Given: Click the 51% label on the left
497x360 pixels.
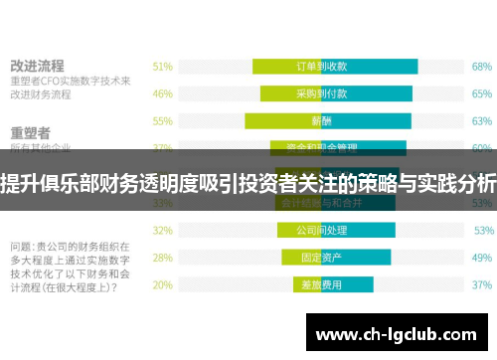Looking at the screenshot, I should click(163, 67).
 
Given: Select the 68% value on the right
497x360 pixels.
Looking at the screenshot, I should click(482, 67).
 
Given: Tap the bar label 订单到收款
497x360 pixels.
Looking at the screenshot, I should click(322, 67).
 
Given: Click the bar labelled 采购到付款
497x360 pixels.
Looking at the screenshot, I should click(322, 93).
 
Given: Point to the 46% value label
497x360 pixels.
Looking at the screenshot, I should click(163, 93).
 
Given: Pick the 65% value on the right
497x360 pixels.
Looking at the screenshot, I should click(482, 93).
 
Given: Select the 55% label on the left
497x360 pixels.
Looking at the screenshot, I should click(163, 120).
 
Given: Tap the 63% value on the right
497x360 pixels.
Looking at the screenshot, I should click(482, 120).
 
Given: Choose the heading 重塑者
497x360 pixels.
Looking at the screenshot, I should click(31, 133).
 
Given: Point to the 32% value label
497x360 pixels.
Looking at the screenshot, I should click(163, 230).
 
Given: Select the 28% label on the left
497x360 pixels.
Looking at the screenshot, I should click(163, 257).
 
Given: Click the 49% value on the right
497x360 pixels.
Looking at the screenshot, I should click(482, 257).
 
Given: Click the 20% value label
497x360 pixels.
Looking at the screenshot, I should click(163, 283).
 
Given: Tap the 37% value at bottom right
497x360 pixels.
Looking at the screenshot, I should click(482, 283).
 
